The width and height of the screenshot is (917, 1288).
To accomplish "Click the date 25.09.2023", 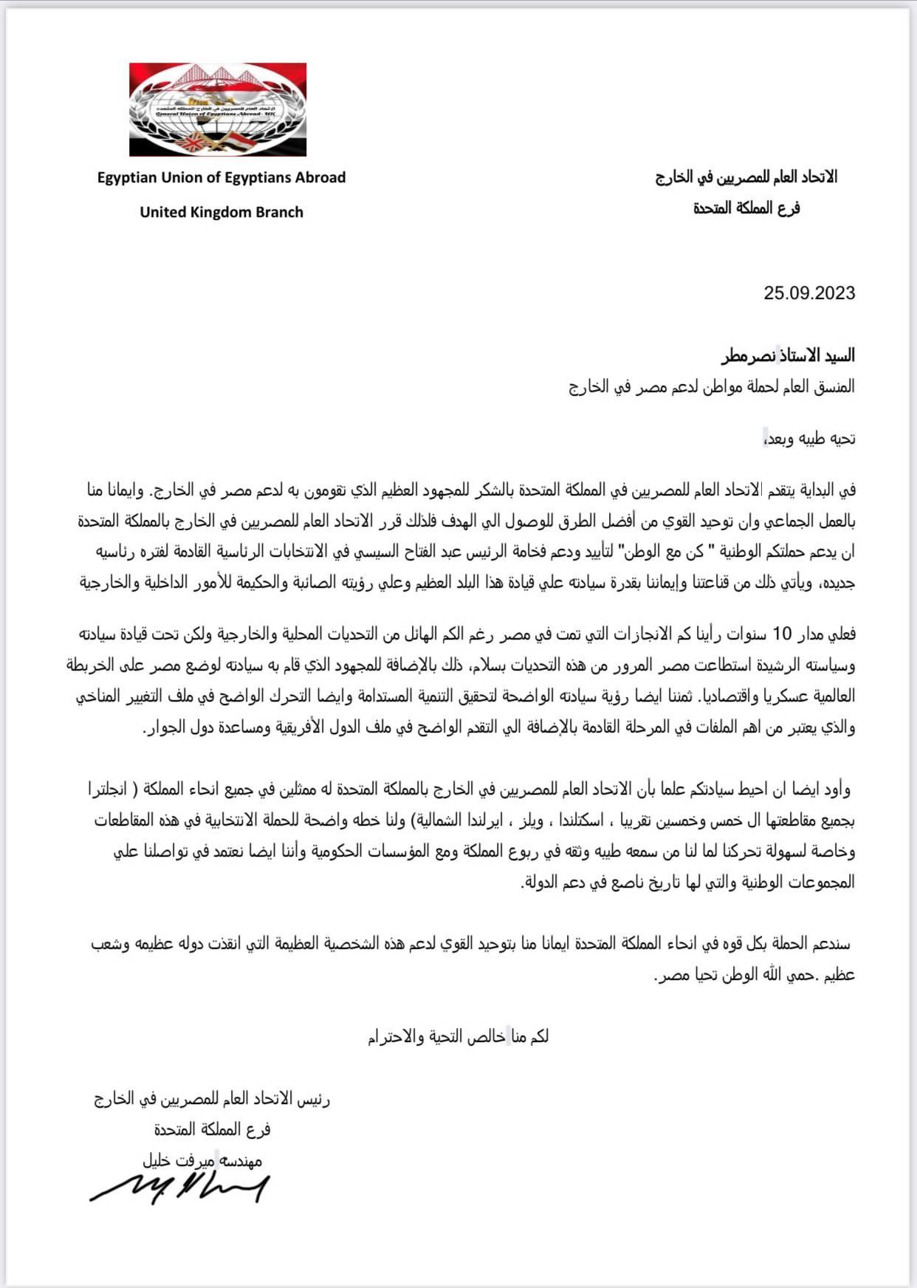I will [x=809, y=293].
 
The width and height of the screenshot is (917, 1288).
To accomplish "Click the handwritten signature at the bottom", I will [x=179, y=1188].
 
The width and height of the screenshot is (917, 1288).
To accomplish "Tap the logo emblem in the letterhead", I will [x=218, y=109].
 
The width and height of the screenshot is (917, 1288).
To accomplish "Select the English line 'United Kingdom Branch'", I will [x=221, y=212].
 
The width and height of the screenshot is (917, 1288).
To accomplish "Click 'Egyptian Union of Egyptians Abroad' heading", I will [x=221, y=177].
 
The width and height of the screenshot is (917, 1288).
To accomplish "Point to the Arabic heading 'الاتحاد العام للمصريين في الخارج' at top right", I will [x=746, y=177].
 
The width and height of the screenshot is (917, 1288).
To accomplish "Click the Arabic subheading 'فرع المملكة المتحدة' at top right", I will [x=746, y=209].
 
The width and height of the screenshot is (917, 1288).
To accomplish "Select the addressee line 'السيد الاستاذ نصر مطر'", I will [x=788, y=356].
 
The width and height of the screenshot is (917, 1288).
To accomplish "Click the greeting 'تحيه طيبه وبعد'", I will [x=810, y=439].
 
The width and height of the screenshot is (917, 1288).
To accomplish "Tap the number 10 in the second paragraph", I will [x=782, y=634].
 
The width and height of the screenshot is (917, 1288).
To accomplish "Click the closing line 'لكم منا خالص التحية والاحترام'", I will [x=458, y=1038].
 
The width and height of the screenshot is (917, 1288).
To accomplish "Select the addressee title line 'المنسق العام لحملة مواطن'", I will [x=712, y=387].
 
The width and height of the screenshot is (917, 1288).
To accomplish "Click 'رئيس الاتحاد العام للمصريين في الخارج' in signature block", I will [x=212, y=1100].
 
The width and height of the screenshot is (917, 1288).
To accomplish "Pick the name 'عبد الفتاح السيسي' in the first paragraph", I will [x=414, y=552].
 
